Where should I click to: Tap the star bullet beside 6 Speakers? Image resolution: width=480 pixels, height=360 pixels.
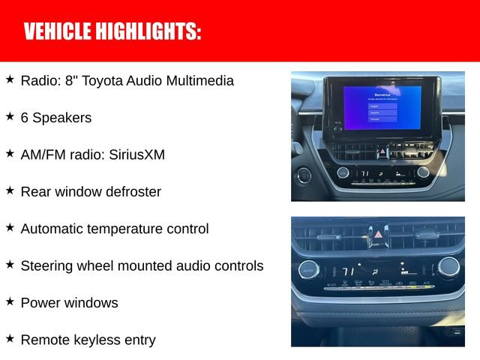pyautogui.click(x=10, y=116)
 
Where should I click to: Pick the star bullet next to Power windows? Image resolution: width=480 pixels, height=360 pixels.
pyautogui.click(x=10, y=301)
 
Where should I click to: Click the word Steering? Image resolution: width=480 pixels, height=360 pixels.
pyautogui.click(x=46, y=265)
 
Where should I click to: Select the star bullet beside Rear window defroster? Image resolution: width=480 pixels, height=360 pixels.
pyautogui.click(x=10, y=190)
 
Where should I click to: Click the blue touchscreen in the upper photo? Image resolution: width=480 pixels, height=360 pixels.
pyautogui.click(x=382, y=106)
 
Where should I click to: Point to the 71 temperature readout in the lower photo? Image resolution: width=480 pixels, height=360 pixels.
pyautogui.click(x=349, y=271)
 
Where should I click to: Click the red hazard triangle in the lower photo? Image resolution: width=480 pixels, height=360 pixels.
pyautogui.click(x=378, y=235)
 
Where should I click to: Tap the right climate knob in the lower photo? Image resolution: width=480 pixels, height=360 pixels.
pyautogui.click(x=448, y=266)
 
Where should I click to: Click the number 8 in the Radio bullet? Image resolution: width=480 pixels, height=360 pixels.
pyautogui.click(x=60, y=80)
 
